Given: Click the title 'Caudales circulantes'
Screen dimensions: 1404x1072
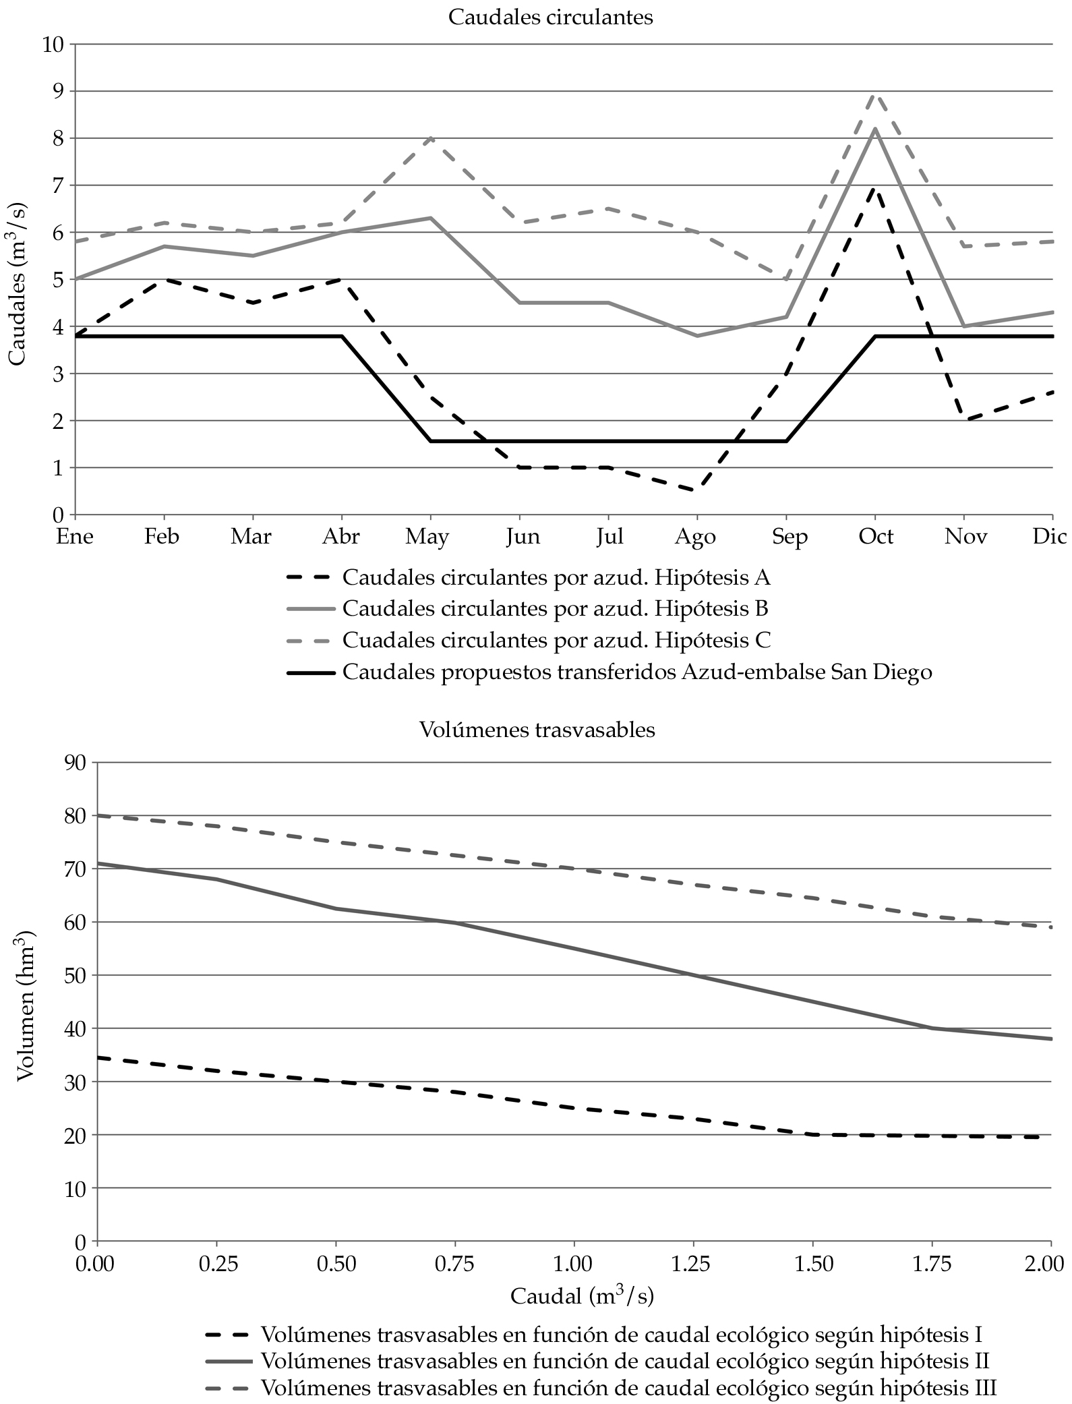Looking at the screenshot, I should [x=550, y=17].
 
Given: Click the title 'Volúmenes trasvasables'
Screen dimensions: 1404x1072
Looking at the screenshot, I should [x=537, y=730].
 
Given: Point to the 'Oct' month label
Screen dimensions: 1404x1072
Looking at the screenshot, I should [x=875, y=537].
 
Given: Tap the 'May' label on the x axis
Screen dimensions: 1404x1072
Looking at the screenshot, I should [x=427, y=537].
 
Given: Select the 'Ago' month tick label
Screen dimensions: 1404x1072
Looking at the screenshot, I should [x=696, y=537].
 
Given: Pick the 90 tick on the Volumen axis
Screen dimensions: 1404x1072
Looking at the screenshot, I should [x=75, y=763].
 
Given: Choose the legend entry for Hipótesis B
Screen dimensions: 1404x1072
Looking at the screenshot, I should [x=555, y=609].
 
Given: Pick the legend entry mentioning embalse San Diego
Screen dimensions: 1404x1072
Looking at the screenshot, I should [x=637, y=672].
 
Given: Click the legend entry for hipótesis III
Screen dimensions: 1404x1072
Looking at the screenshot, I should [x=628, y=1388].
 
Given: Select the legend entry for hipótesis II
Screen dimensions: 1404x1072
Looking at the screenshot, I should [x=624, y=1359].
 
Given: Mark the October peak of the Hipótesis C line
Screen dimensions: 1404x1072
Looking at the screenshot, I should [x=875, y=95].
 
